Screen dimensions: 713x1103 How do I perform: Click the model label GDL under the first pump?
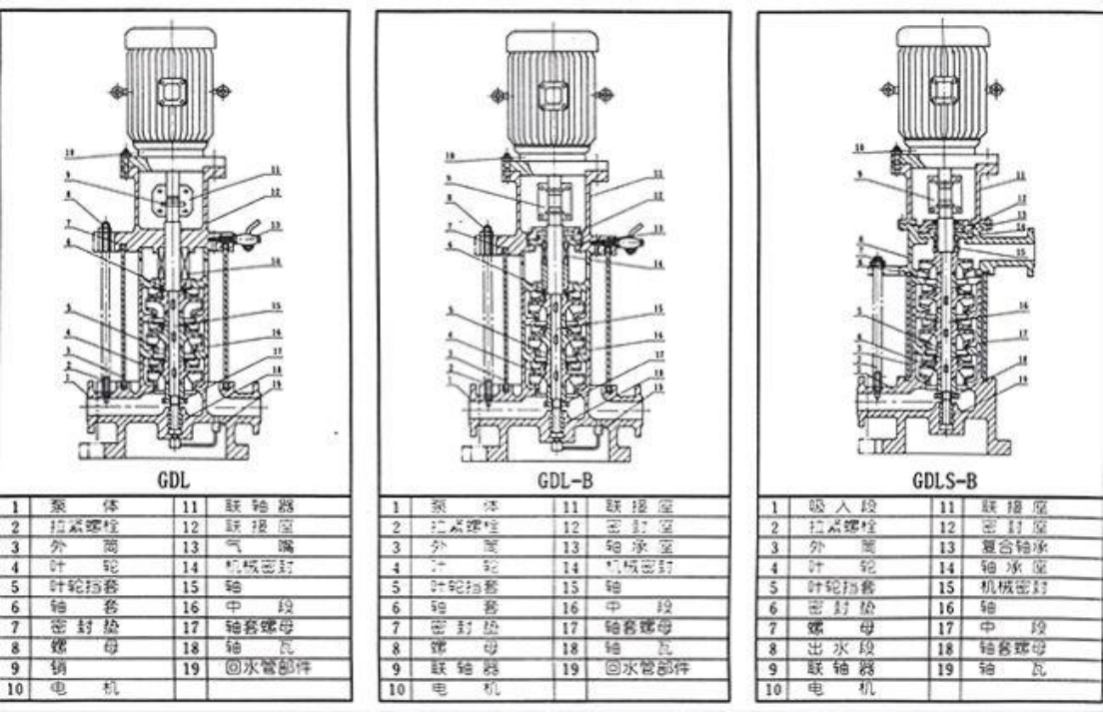167,481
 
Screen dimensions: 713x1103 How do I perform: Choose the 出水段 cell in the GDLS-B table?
830,648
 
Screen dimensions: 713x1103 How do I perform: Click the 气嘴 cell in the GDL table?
266,546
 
